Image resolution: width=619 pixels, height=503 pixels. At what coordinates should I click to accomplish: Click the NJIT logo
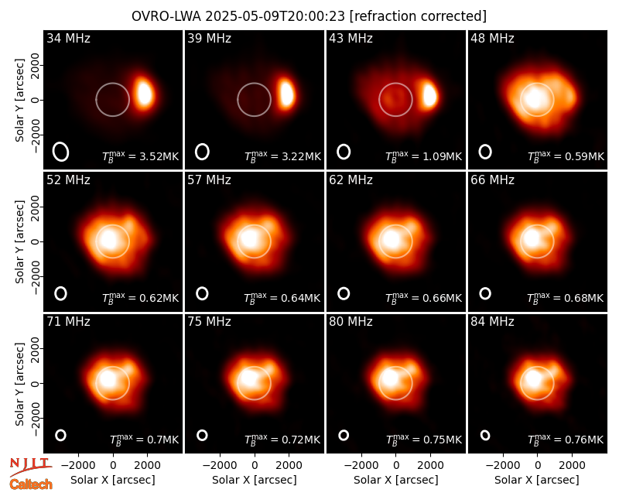point(31,467)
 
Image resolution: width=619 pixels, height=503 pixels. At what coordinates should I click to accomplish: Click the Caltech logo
point(31,484)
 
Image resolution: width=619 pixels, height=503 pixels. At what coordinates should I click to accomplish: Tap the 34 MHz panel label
point(68,38)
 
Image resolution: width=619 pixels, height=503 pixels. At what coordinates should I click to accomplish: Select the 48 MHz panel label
point(492,38)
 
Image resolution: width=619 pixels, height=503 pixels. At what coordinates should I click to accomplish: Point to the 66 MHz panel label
point(492,180)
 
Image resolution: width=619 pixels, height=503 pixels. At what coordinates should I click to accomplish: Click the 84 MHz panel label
point(492,322)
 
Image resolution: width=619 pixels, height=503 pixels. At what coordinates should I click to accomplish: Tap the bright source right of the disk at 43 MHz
point(429,94)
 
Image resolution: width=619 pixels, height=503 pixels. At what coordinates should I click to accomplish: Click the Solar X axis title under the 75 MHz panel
point(255,480)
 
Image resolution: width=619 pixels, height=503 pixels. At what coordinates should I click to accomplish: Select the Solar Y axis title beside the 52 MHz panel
point(20,241)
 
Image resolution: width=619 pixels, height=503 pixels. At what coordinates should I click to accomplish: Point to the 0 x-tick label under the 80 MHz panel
point(396,466)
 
